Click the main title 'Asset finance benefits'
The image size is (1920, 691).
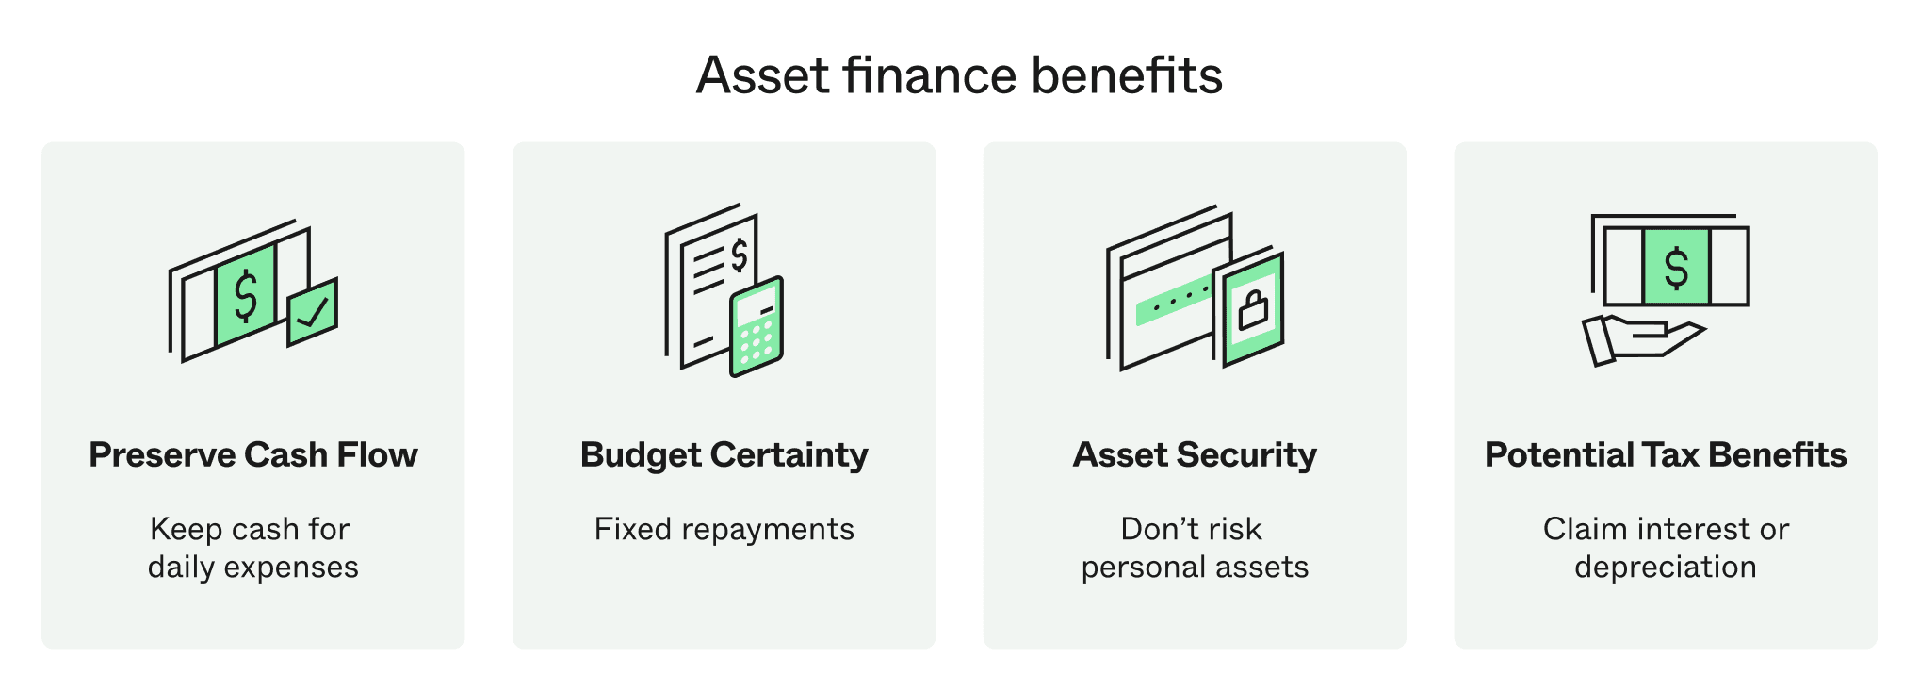pos(959,75)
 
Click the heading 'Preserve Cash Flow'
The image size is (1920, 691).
pos(253,454)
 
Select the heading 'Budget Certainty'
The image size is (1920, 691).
pos(724,455)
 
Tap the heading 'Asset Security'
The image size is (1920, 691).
pos(1195,455)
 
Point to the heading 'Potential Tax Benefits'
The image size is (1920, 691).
pos(1666,454)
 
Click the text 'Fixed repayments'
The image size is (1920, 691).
pos(724,529)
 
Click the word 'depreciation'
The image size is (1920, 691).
pos(1666,568)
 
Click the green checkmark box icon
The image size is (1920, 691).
pos(313,311)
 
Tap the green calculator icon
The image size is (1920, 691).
pos(757,326)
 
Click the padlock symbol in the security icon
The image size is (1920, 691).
pos(1253,309)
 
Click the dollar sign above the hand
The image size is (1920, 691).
pos(1676,268)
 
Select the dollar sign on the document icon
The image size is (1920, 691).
pos(740,255)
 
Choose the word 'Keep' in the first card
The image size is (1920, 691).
pos(186,530)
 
